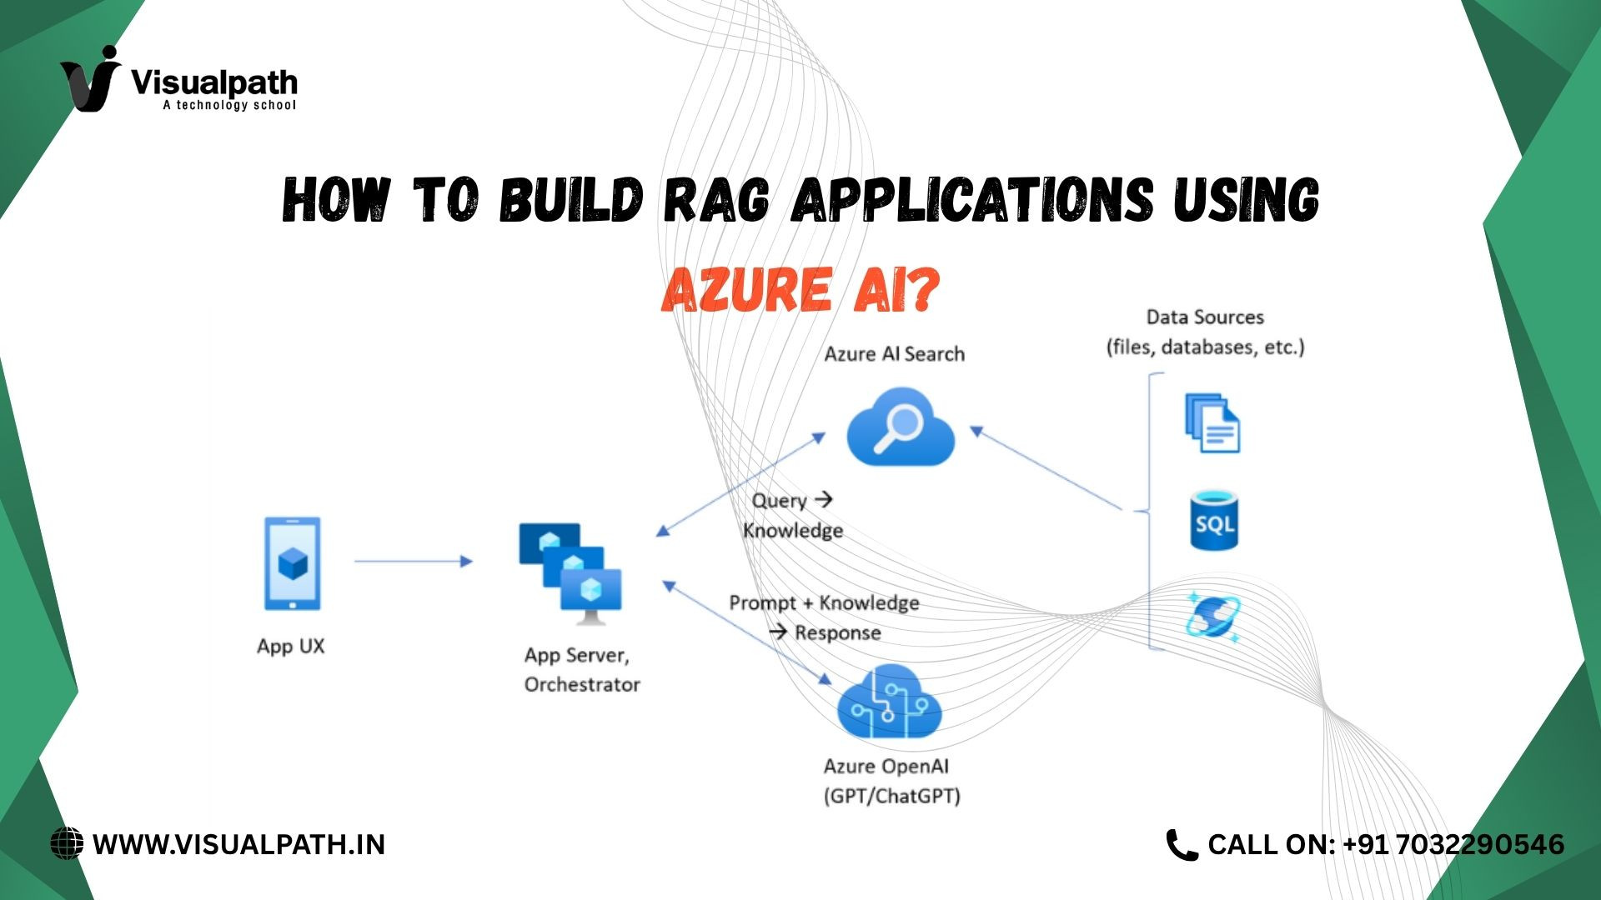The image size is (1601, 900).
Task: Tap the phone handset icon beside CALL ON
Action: (x=1182, y=845)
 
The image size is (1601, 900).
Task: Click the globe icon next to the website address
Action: (x=67, y=843)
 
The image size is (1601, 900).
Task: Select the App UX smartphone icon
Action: (x=292, y=564)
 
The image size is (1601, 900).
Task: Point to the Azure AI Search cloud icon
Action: (x=900, y=427)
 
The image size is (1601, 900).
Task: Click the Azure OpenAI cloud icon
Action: (x=889, y=702)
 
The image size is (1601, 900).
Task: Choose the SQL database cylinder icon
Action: (x=1214, y=521)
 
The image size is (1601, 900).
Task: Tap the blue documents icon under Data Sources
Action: (x=1212, y=422)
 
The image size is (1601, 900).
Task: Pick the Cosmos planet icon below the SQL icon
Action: (x=1214, y=617)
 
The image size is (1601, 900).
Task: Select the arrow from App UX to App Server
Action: (x=414, y=562)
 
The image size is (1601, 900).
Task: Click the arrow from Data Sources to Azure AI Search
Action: (x=1046, y=468)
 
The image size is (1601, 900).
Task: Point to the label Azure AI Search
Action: (x=895, y=354)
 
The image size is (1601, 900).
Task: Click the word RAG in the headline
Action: (x=716, y=200)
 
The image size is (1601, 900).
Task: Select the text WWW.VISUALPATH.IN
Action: (x=239, y=845)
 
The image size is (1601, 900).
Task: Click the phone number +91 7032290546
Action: (x=1453, y=845)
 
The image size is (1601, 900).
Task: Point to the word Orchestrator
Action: (x=582, y=685)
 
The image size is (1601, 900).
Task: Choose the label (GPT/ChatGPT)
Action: (x=892, y=797)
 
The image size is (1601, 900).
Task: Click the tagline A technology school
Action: (x=229, y=105)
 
